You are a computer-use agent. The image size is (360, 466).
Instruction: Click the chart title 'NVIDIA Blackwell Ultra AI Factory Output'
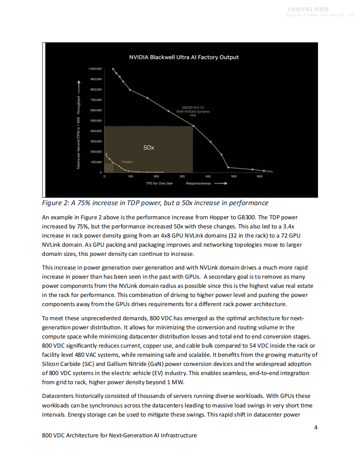coord(184,57)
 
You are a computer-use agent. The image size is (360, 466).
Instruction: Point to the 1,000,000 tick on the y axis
coord(95,69)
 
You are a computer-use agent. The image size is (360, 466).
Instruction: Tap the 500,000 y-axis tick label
coord(96,120)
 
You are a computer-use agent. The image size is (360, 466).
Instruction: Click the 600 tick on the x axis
coord(260,177)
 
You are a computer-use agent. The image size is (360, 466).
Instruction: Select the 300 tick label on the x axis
coord(182,177)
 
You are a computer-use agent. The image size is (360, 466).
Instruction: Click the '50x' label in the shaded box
coord(148,147)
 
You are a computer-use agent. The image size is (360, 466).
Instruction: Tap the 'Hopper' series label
coord(127,162)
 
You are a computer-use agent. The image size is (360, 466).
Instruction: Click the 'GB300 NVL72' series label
coord(192,108)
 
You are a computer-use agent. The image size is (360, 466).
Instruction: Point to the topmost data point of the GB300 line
coord(113,69)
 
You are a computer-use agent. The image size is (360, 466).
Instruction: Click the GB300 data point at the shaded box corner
coord(193,126)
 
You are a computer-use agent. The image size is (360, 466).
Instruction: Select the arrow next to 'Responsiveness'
coord(220,183)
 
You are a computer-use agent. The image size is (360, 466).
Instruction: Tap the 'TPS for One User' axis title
coord(159,183)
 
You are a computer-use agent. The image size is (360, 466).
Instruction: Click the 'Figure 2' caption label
coord(57,203)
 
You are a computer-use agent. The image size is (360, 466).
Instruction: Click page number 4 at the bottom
coord(316,427)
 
